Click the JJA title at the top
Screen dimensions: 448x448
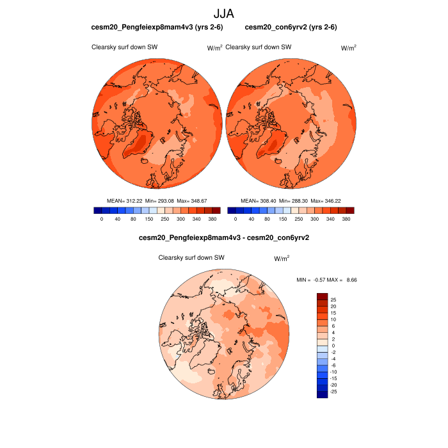[224, 13]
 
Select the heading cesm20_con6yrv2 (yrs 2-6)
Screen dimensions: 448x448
[291, 27]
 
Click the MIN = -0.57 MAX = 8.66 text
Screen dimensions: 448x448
[326, 280]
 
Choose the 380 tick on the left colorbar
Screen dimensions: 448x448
[216, 219]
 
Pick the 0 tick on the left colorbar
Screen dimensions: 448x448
[102, 219]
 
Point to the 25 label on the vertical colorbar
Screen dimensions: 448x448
[333, 300]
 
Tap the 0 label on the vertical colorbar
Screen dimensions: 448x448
[332, 345]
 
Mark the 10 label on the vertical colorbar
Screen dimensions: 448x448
[333, 319]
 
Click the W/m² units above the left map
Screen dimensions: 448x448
[214, 47]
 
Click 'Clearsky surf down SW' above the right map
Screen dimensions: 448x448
[259, 47]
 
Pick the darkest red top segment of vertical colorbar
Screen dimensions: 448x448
[322, 296]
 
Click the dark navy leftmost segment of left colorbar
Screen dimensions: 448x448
[97, 210]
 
